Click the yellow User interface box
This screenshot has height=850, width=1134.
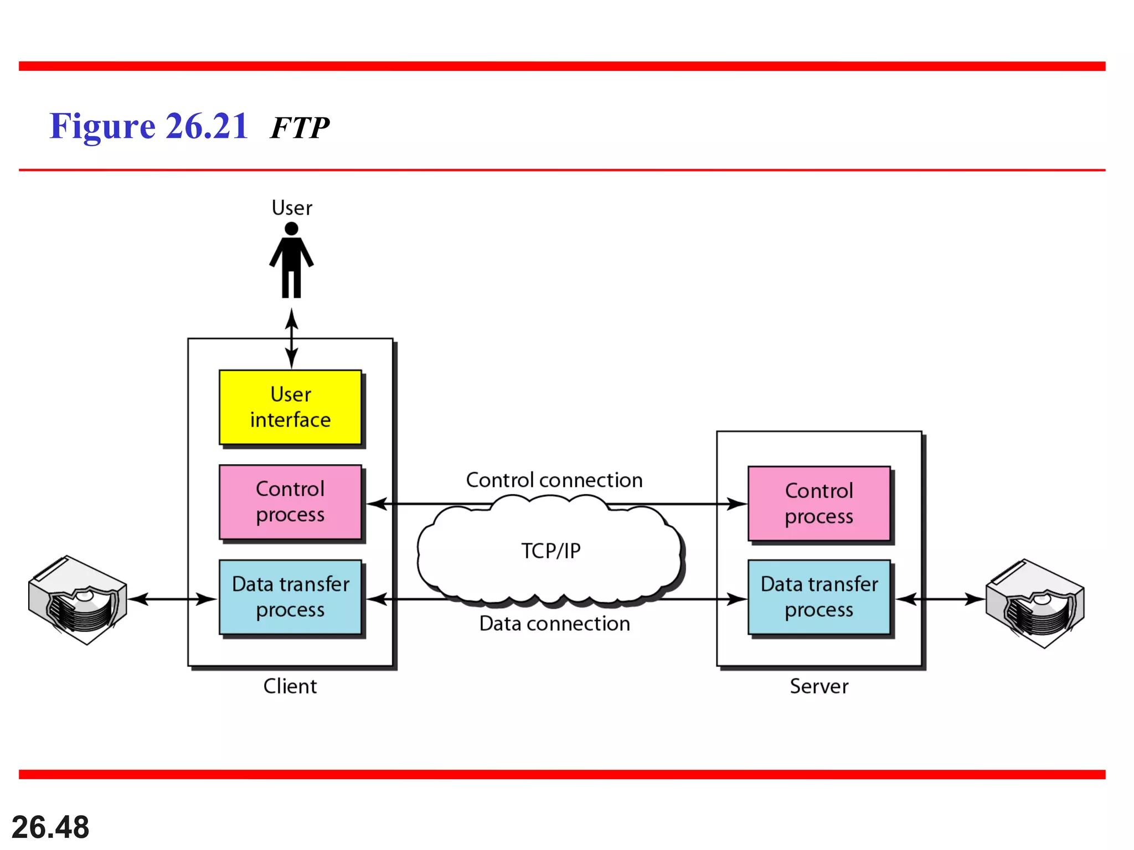pos(290,407)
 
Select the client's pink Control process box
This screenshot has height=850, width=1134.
pos(290,502)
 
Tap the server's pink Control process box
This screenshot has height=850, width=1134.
pos(819,504)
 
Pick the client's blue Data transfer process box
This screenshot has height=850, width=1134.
pos(290,597)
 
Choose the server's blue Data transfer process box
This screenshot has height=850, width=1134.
pos(819,597)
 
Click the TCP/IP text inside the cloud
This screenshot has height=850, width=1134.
pos(551,551)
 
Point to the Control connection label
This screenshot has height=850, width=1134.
pos(554,480)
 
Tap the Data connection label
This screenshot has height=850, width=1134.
pos(554,624)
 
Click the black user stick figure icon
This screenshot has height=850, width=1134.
pos(292,261)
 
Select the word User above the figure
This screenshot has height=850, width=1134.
pos(292,208)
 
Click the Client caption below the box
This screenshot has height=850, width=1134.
pos(290,686)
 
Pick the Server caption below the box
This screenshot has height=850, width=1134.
pos(819,686)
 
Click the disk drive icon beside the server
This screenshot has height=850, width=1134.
pos(1035,603)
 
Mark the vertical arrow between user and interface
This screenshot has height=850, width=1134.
pos(292,339)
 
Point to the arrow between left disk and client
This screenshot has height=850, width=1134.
pos(172,599)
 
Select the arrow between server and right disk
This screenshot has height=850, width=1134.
pos(941,599)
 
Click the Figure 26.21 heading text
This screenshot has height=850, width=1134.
pos(148,126)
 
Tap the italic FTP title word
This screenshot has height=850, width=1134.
pos(300,128)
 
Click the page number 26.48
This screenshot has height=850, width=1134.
pos(50,827)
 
